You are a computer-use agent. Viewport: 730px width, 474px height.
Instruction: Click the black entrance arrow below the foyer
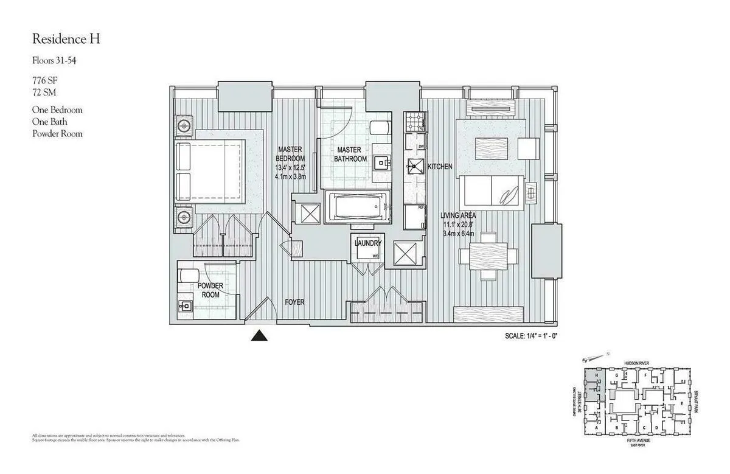tap(260, 335)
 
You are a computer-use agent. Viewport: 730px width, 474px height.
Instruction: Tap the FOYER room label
tap(294, 302)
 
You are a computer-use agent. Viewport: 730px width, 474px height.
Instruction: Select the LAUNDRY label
tap(367, 243)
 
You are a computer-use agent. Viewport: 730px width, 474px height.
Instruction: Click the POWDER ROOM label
tap(210, 290)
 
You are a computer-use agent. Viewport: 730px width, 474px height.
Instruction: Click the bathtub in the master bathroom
tap(356, 207)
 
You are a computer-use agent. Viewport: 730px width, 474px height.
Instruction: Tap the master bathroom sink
tap(381, 161)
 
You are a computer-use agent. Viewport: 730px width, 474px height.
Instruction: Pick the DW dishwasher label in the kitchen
tap(421, 147)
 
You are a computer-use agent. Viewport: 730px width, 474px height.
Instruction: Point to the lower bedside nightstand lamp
tap(184, 216)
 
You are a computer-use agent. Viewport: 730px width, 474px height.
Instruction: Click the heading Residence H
tap(66, 40)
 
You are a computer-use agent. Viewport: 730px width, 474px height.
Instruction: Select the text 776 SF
tap(47, 80)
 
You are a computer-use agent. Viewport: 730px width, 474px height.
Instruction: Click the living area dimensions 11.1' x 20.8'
tap(459, 225)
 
